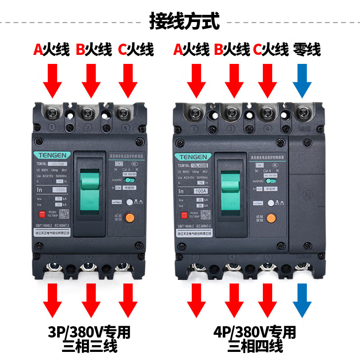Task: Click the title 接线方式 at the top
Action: click(184, 21)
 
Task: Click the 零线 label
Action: click(307, 49)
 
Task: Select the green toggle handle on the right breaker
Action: click(233, 191)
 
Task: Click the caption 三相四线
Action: click(255, 347)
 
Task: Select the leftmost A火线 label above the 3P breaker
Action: click(51, 49)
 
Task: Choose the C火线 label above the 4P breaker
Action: click(270, 49)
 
